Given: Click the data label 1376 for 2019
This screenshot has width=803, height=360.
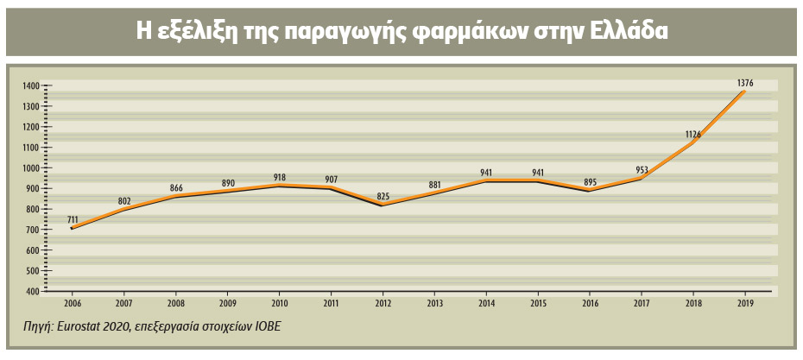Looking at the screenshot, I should [x=746, y=83].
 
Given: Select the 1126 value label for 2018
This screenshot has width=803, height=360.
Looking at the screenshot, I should [x=693, y=134].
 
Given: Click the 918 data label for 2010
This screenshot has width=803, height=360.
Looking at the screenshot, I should [x=279, y=177].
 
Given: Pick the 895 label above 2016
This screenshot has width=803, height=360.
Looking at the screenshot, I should [x=590, y=181].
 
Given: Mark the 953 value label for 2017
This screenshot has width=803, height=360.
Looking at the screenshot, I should [x=642, y=170].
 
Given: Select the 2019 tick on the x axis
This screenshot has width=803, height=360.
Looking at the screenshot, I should [x=744, y=305].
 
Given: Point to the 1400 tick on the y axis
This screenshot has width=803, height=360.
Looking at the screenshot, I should [x=31, y=85].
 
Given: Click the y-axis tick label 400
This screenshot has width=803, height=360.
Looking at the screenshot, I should [x=34, y=292].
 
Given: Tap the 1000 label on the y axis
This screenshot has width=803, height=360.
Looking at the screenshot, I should [x=31, y=168].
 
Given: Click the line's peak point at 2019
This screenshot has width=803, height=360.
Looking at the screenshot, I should [x=744, y=92].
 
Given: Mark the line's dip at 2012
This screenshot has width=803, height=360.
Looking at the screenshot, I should [x=382, y=204].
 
